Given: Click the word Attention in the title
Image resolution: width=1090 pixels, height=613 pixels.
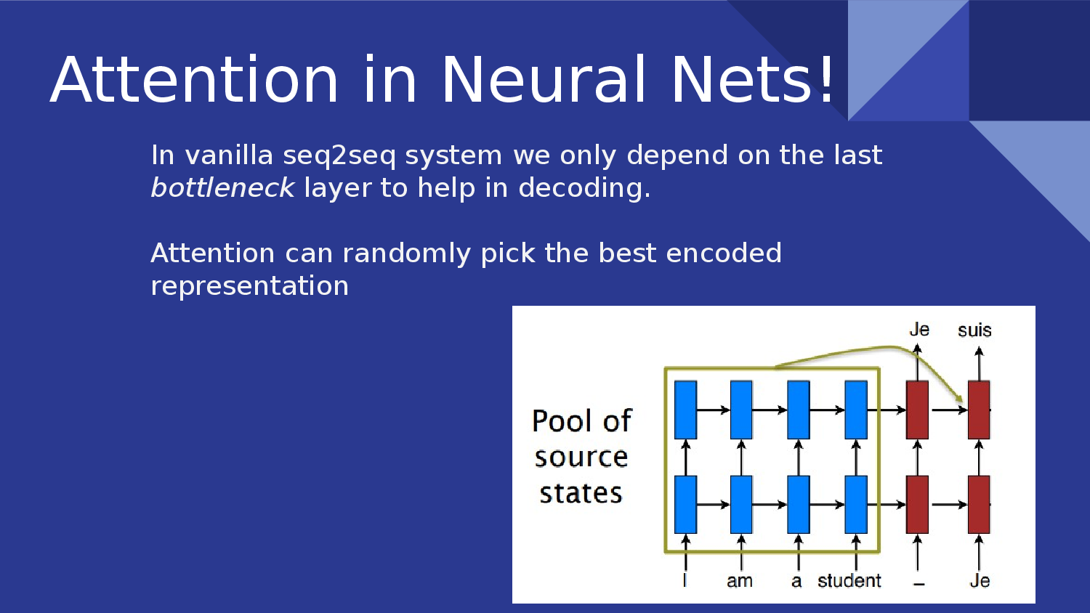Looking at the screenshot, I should coord(195,80).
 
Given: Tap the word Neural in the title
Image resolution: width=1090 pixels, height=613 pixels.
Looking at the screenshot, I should coord(544,80).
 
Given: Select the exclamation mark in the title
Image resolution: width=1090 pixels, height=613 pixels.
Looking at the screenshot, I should coord(827,80).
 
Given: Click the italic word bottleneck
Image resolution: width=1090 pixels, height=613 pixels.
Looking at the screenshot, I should coord(222,188).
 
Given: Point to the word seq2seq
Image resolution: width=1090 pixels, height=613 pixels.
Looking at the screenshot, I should coord(339,156).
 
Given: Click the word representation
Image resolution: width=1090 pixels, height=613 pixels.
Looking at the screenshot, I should coord(249,286).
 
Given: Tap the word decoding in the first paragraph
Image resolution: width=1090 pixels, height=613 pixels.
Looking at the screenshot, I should coord(580,188).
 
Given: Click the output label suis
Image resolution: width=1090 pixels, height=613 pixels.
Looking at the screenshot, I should coord(974,330).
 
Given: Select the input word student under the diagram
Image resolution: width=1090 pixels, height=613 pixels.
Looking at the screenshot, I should coord(849,581).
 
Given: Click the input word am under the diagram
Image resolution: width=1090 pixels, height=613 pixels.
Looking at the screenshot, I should coord(740,581).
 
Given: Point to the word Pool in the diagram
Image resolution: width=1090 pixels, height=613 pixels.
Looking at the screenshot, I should coord(560,421).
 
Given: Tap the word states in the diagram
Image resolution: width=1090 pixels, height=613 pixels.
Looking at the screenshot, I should coord(581,494).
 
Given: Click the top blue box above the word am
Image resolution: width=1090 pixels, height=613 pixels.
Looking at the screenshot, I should coord(741,410).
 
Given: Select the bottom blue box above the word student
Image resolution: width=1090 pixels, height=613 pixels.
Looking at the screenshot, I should coord(856,504).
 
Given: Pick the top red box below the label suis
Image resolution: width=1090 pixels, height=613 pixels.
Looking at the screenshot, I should coord(979,410).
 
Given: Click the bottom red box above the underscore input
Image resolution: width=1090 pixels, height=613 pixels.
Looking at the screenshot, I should coord(917,504).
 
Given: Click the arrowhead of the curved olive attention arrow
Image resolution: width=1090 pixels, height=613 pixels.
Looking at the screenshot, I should coord(960,399).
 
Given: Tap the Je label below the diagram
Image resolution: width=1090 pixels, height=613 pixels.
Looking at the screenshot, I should coord(980,581).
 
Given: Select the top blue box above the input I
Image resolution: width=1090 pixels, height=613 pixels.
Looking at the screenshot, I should coord(685,410).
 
